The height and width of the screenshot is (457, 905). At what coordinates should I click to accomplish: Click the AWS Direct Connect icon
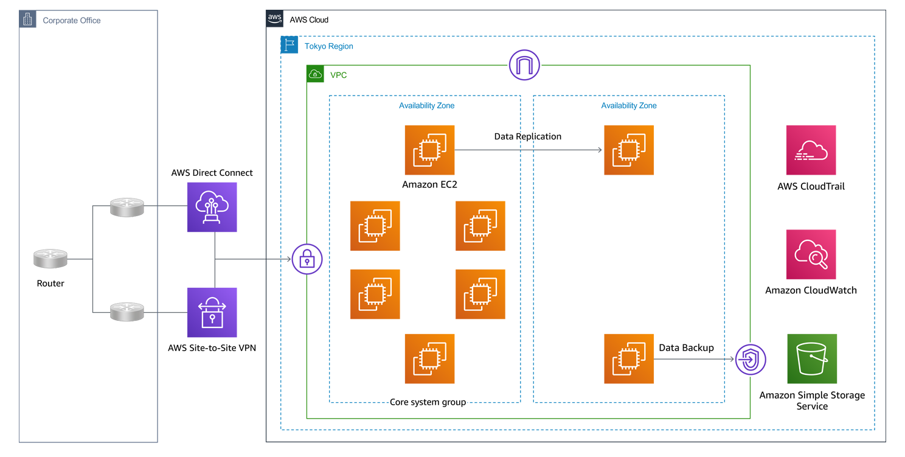point(212,207)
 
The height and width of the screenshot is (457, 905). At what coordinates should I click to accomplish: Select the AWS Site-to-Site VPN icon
point(212,312)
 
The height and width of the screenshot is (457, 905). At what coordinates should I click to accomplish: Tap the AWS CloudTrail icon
point(811,150)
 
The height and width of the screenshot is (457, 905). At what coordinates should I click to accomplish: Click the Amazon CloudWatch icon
point(811,254)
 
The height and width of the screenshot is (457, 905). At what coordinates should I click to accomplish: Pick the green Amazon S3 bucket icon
point(811,358)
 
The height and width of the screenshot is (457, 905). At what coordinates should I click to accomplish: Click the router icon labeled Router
point(50,259)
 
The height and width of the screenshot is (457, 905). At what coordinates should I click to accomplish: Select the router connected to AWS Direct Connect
point(127,207)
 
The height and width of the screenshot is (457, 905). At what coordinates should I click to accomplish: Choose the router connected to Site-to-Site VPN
point(127,312)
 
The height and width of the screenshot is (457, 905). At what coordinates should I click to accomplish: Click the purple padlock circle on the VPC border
point(307,260)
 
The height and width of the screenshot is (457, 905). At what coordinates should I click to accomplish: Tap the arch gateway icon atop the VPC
point(524,65)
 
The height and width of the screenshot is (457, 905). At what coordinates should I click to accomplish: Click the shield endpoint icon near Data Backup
point(751,360)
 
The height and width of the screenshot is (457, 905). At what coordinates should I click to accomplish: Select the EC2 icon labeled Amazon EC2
point(429,150)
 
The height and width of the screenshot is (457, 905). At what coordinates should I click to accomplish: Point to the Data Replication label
point(527,136)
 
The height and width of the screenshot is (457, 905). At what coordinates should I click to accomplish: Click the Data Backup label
point(686,347)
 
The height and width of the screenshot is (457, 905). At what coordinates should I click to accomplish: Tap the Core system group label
point(428,402)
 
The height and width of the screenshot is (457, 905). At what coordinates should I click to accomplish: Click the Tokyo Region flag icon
point(290,45)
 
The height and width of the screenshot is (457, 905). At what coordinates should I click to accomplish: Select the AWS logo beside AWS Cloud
point(275,19)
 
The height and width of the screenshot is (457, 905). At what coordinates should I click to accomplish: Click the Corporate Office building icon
point(27,19)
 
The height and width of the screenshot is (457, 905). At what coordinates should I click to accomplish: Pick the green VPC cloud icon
point(315,74)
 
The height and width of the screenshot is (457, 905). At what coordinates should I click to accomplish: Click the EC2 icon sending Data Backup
point(629,358)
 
